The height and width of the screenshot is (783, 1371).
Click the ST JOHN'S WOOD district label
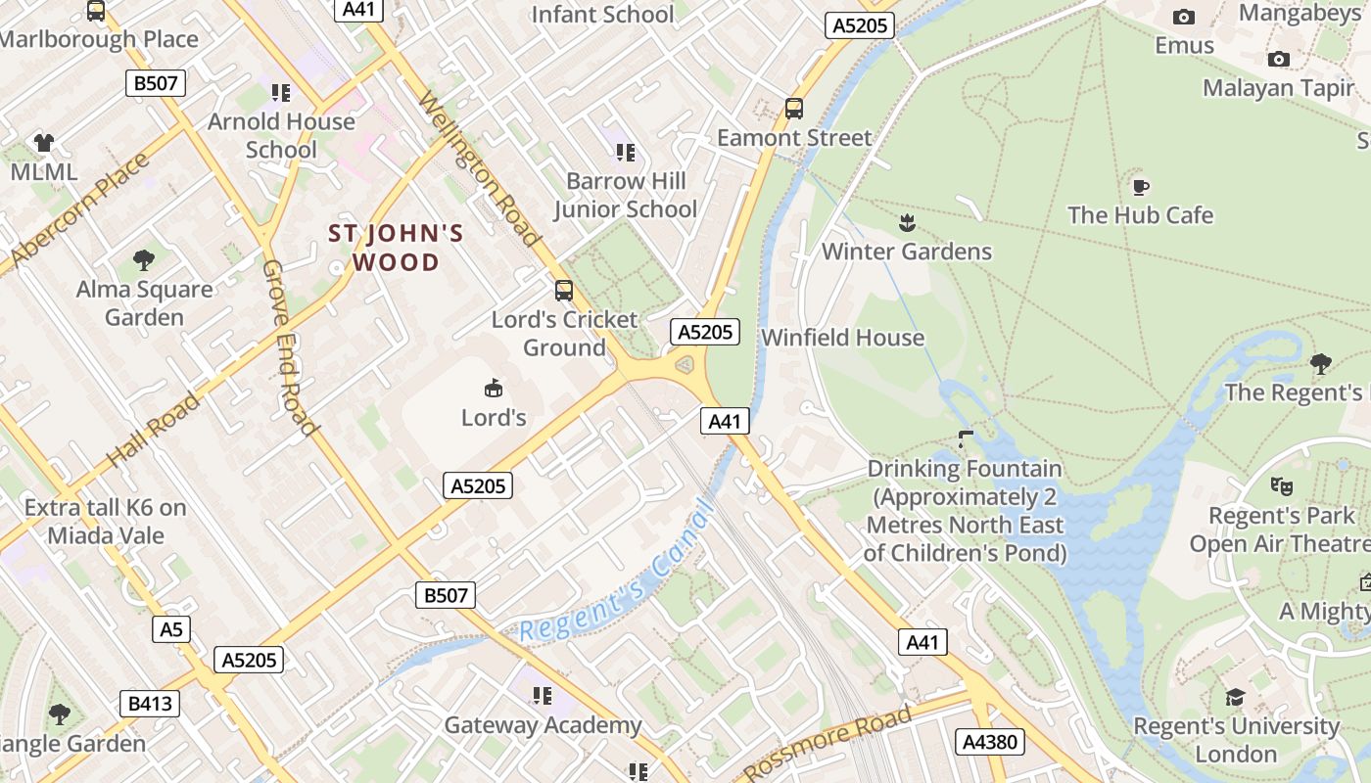(396, 248)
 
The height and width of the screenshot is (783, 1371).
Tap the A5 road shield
(171, 629)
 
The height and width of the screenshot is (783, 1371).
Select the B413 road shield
(150, 703)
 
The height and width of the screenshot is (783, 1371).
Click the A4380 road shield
(990, 742)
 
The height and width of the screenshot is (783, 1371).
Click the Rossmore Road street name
(828, 741)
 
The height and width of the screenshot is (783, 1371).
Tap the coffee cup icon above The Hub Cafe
(1140, 186)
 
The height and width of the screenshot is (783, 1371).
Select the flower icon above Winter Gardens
(907, 223)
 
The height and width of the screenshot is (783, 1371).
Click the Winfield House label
(842, 338)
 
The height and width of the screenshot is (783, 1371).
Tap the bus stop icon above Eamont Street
(794, 109)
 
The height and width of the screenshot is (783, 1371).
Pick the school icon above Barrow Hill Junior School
(626, 152)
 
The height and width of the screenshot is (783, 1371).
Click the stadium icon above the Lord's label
(494, 389)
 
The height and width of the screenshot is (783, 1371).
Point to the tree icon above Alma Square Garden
(144, 260)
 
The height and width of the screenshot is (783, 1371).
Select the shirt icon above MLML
(43, 143)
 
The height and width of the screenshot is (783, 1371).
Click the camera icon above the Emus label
(1184, 17)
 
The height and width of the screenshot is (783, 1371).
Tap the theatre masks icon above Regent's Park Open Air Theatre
(1280, 485)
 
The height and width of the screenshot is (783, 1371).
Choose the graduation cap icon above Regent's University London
(1236, 697)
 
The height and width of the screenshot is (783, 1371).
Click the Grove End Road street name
(290, 347)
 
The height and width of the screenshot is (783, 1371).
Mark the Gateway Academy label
(543, 725)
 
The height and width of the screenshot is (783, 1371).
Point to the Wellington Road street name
(479, 168)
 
